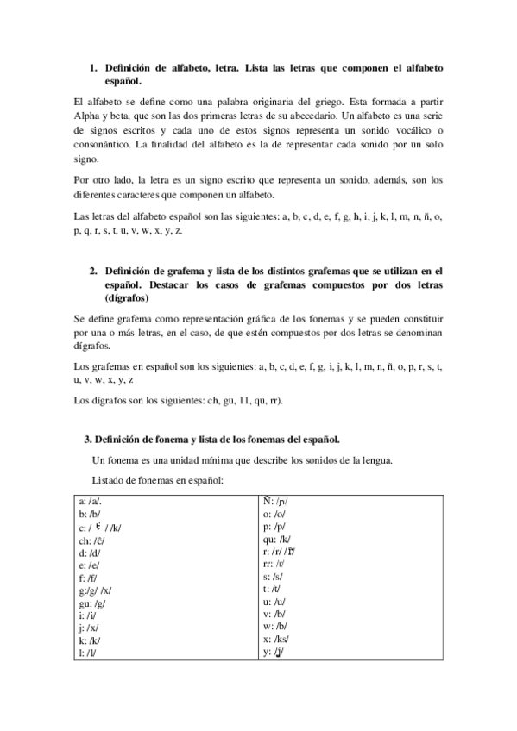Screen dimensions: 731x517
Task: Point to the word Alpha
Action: point(89,116)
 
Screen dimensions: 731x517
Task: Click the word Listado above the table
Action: point(110,479)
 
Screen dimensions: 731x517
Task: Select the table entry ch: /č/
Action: point(91,541)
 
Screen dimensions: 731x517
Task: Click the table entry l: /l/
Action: point(86,653)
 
